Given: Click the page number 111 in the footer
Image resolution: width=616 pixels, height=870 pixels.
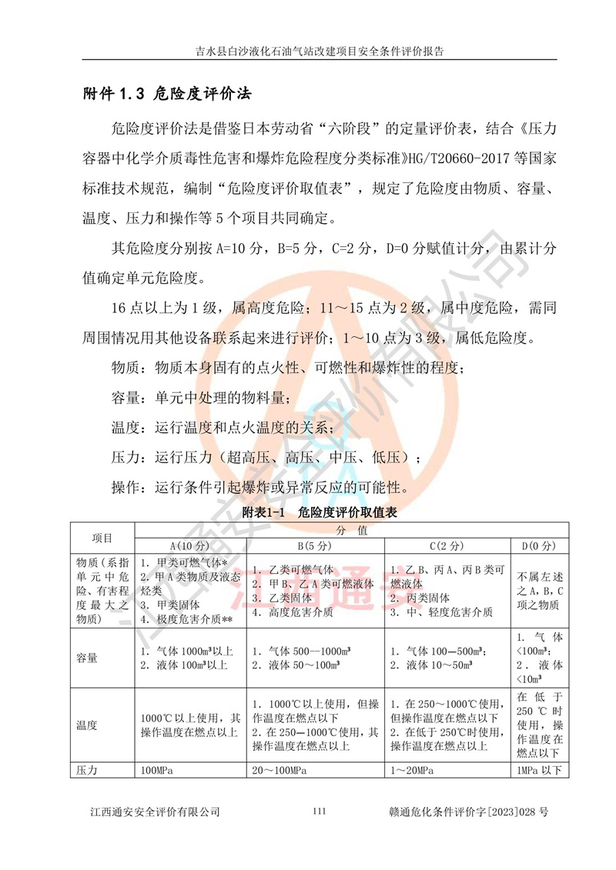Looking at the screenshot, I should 321,812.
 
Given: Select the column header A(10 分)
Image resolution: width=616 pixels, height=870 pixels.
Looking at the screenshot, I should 190,545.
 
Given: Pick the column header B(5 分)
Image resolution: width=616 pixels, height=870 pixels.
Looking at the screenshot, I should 314,545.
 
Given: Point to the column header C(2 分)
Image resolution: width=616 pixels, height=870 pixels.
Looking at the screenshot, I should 445,545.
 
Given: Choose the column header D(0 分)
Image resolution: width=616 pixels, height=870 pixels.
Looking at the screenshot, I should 538,545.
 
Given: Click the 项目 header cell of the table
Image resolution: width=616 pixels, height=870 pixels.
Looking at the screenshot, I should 102,538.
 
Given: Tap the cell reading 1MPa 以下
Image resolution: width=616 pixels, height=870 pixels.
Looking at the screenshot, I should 538,770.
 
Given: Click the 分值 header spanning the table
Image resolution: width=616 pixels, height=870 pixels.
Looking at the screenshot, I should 351,530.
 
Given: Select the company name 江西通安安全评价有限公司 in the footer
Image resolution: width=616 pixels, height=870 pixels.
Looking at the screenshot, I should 155,812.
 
